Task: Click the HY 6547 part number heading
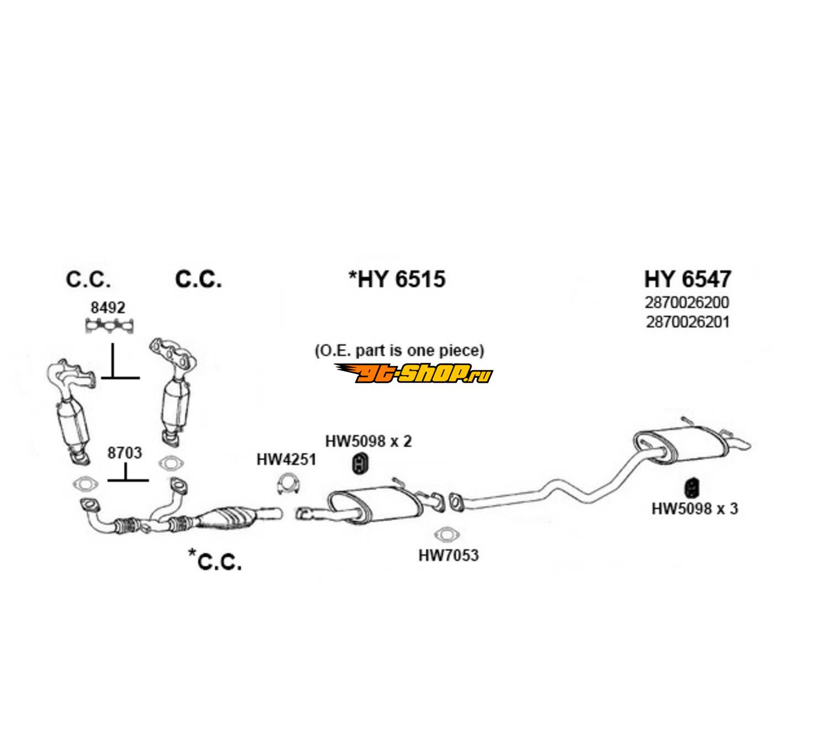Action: tap(687, 279)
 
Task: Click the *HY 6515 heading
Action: tap(397, 279)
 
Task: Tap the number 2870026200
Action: tap(687, 303)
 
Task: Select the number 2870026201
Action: tap(687, 321)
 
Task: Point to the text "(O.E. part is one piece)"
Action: tap(399, 350)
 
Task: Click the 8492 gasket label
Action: tap(108, 307)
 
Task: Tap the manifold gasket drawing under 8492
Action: tap(111, 326)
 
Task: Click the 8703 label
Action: tap(124, 453)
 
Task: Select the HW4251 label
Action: tap(286, 459)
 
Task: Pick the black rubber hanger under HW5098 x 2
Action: tap(361, 464)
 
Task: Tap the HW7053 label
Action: tap(448, 554)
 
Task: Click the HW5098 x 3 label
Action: tap(694, 509)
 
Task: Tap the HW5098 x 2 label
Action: tap(368, 441)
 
